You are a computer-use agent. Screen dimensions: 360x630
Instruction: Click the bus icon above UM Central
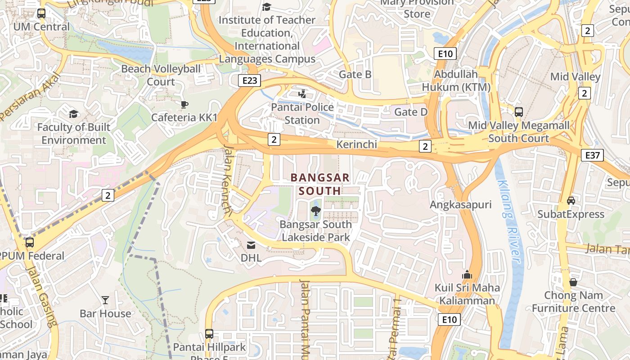tap(41, 13)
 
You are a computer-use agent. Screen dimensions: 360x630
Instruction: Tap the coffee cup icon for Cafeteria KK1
tap(184, 104)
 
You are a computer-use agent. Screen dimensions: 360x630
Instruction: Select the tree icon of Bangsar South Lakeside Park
tap(316, 211)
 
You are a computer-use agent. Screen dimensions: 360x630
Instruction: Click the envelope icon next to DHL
tap(251, 245)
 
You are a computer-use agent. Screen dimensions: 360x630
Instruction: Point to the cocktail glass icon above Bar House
tap(105, 300)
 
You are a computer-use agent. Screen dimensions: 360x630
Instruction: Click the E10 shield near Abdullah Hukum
tap(445, 54)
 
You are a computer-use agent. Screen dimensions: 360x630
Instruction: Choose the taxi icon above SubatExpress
tap(571, 201)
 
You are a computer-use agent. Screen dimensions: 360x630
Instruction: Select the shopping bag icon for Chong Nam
tap(573, 282)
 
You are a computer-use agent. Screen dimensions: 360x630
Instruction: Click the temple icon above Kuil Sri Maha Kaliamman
tap(467, 274)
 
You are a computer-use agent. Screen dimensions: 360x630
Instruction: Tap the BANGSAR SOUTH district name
tap(320, 184)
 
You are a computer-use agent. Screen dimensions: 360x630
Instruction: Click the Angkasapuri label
tap(461, 205)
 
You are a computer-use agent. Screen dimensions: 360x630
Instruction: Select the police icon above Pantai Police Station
tap(302, 94)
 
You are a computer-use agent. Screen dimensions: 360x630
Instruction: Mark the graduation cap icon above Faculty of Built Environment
tap(73, 114)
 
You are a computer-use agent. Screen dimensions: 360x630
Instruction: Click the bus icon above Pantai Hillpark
tap(209, 334)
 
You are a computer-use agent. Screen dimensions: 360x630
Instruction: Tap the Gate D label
tap(411, 112)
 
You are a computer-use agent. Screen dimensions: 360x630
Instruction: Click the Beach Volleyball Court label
tap(161, 75)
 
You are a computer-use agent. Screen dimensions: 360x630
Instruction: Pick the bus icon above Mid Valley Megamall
tap(518, 112)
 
